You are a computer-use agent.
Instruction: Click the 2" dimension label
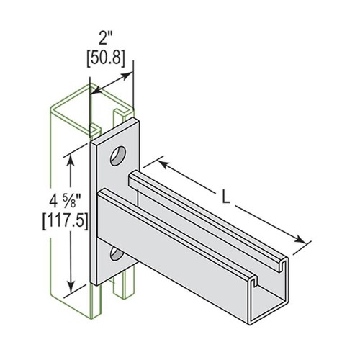pyautogui.click(x=106, y=38)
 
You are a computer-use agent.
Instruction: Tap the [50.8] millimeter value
pyautogui.click(x=106, y=58)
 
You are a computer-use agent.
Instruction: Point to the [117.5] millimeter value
pyautogui.click(x=65, y=222)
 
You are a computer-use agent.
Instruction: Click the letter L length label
pyautogui.click(x=225, y=197)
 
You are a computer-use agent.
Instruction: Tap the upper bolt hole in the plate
pyautogui.click(x=118, y=156)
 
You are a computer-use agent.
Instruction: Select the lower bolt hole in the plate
pyautogui.click(x=116, y=254)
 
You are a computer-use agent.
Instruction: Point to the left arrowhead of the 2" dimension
pyautogui.click(x=95, y=91)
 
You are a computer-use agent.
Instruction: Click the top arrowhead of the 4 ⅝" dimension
pyautogui.click(x=71, y=161)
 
